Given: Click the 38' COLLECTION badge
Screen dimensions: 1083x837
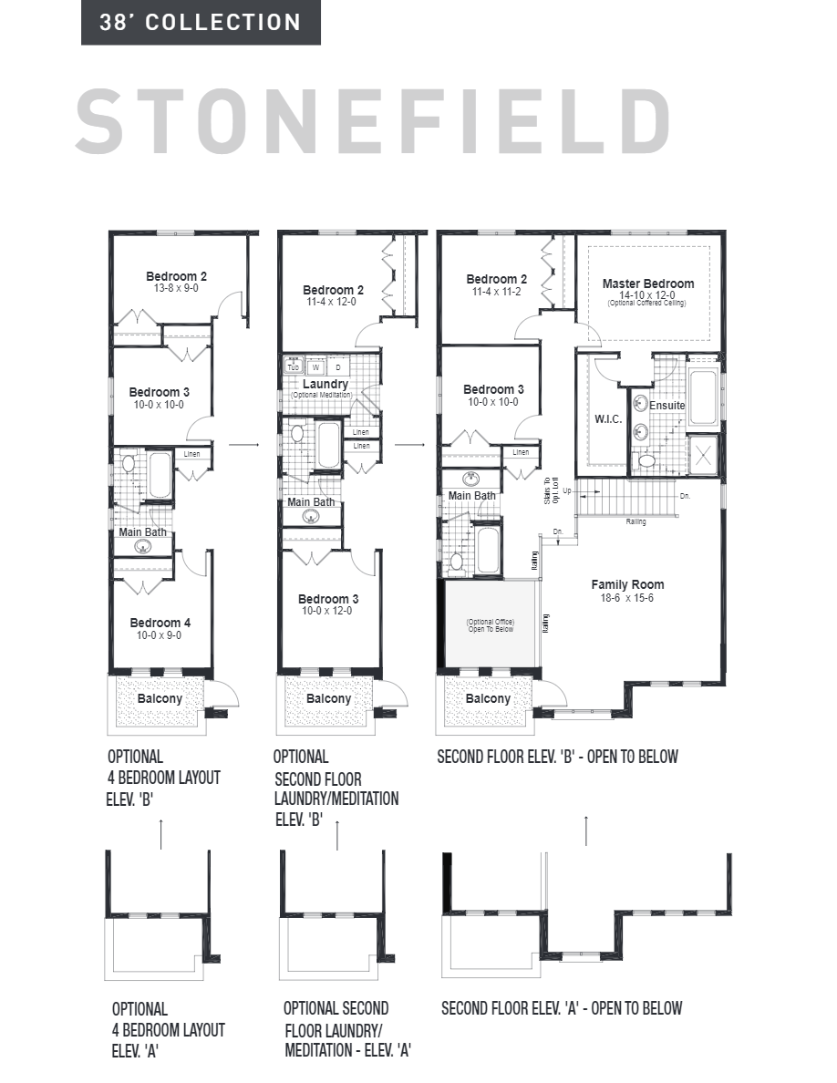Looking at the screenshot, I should [201, 23].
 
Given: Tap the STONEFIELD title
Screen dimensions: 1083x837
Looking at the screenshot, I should [374, 120].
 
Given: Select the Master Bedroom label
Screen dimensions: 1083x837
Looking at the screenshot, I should [647, 284].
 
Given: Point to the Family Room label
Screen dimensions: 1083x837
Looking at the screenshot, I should [627, 584].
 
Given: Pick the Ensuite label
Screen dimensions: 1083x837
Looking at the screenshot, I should [666, 405].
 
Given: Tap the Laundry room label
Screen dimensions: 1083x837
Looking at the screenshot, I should [325, 384].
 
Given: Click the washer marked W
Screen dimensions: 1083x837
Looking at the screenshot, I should [316, 367].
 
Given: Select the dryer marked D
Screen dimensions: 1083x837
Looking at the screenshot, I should [338, 367].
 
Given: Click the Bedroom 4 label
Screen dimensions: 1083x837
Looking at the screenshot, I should [159, 623].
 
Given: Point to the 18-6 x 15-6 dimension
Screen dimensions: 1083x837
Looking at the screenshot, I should [627, 598].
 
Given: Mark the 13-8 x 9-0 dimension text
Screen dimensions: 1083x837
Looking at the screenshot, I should [177, 288].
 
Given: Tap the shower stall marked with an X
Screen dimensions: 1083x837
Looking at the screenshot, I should [704, 453].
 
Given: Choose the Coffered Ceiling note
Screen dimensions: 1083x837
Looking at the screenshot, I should [647, 303].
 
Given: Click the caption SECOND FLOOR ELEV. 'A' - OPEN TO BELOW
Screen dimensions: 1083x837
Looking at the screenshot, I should [562, 1008].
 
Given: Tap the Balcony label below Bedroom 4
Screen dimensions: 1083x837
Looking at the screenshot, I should [160, 699].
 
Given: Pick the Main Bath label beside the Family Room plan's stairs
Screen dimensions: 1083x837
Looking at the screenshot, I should [471, 496].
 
